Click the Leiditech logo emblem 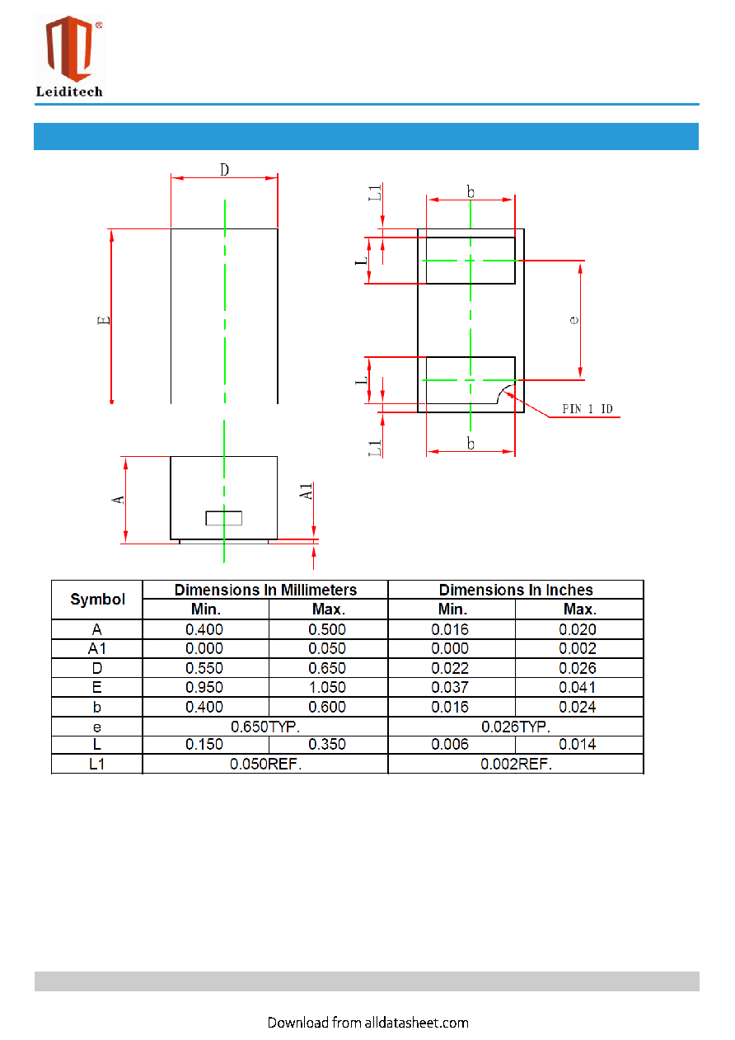(x=70, y=49)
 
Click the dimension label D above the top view (x=224, y=170)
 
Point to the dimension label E (x=104, y=320)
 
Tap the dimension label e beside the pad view (x=574, y=320)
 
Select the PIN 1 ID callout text (x=588, y=408)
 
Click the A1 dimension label (x=306, y=492)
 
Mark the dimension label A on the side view (x=119, y=500)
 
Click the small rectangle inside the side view (x=224, y=518)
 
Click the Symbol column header (x=97, y=600)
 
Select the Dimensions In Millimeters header (x=265, y=590)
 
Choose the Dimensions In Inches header (x=516, y=590)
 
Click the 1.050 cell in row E (x=327, y=687)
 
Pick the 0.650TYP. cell (x=265, y=727)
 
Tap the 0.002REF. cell (x=516, y=764)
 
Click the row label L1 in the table (x=97, y=764)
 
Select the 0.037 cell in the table (x=450, y=687)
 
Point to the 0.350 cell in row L (x=327, y=744)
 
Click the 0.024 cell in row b (x=578, y=707)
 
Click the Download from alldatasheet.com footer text (x=367, y=1023)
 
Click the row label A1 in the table (x=97, y=648)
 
